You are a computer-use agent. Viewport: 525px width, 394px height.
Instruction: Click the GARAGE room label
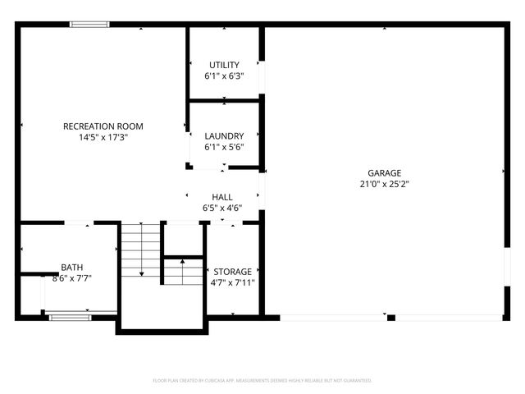(384, 173)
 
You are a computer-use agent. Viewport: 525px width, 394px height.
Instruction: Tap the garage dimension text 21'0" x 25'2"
(384, 184)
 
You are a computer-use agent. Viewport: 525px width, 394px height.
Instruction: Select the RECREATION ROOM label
(103, 126)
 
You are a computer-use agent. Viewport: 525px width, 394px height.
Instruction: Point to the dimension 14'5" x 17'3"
(103, 137)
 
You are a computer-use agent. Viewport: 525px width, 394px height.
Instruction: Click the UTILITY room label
(224, 65)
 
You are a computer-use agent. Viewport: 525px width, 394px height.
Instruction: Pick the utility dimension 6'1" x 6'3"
(224, 76)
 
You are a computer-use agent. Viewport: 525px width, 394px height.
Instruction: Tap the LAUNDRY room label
(224, 136)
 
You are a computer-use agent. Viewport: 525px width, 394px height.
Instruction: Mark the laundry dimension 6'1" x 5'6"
(224, 147)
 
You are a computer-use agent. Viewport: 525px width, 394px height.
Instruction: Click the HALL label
(222, 197)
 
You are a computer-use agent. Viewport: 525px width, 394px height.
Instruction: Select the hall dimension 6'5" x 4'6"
(222, 208)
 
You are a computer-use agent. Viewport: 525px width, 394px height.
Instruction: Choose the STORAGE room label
(233, 272)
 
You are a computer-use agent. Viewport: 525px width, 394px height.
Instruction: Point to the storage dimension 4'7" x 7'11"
(234, 282)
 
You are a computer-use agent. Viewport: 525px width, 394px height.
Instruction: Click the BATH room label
(71, 268)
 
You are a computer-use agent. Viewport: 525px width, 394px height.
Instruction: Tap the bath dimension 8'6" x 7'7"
(71, 278)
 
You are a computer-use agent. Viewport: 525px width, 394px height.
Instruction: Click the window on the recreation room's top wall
(89, 25)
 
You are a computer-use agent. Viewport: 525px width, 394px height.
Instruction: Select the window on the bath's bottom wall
(69, 316)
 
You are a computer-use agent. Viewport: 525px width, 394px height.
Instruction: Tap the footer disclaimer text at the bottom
(262, 381)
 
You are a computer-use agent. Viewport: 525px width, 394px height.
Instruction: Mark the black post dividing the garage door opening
(391, 318)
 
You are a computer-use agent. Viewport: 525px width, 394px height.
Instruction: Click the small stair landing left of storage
(183, 271)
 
